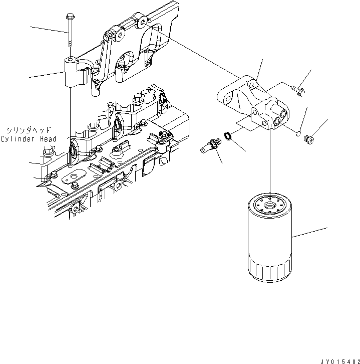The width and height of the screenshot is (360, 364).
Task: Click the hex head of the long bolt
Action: coord(68,18)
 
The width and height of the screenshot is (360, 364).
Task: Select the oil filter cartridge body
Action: coord(269,241)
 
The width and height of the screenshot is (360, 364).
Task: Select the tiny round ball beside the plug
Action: coord(297,133)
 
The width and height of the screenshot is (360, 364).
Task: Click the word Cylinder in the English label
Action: coord(18,139)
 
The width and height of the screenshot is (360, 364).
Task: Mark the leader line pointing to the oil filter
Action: coord(310,233)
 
